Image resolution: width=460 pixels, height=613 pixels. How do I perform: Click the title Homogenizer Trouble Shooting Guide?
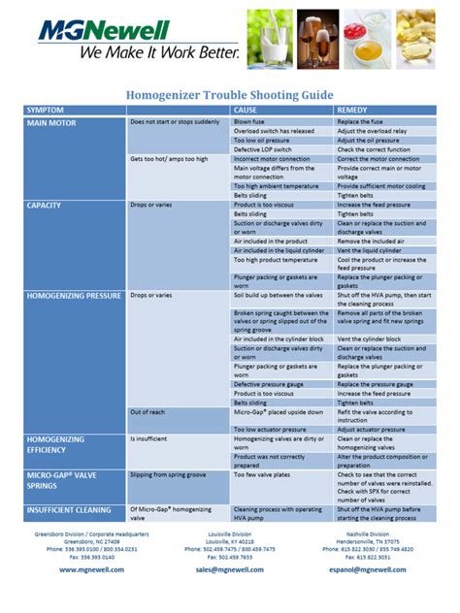point(230,95)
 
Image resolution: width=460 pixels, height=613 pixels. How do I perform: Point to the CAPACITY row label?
point(45,205)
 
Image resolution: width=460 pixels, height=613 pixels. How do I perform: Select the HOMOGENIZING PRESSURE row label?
point(75,294)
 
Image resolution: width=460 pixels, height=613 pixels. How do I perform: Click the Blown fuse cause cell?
point(251,122)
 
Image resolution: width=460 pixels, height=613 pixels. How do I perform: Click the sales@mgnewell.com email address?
point(230,570)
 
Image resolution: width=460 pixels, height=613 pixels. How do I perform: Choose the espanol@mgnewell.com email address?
point(366,570)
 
